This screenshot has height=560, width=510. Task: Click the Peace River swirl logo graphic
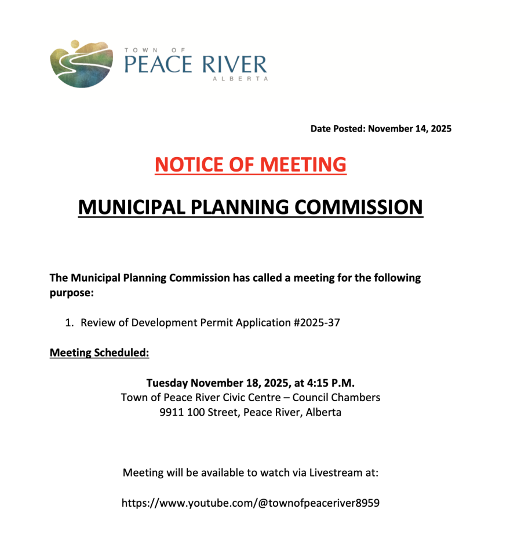(x=81, y=64)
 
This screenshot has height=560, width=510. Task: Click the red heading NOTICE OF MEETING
(x=250, y=165)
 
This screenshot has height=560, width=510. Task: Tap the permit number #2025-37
(x=317, y=323)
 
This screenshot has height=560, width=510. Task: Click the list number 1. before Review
(x=69, y=323)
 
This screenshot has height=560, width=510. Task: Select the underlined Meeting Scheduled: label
(x=100, y=352)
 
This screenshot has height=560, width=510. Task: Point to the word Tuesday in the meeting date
(x=167, y=383)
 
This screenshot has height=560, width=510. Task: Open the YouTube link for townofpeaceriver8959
(x=250, y=503)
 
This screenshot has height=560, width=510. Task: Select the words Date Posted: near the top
(x=337, y=129)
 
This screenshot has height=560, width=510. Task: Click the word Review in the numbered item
(x=98, y=323)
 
